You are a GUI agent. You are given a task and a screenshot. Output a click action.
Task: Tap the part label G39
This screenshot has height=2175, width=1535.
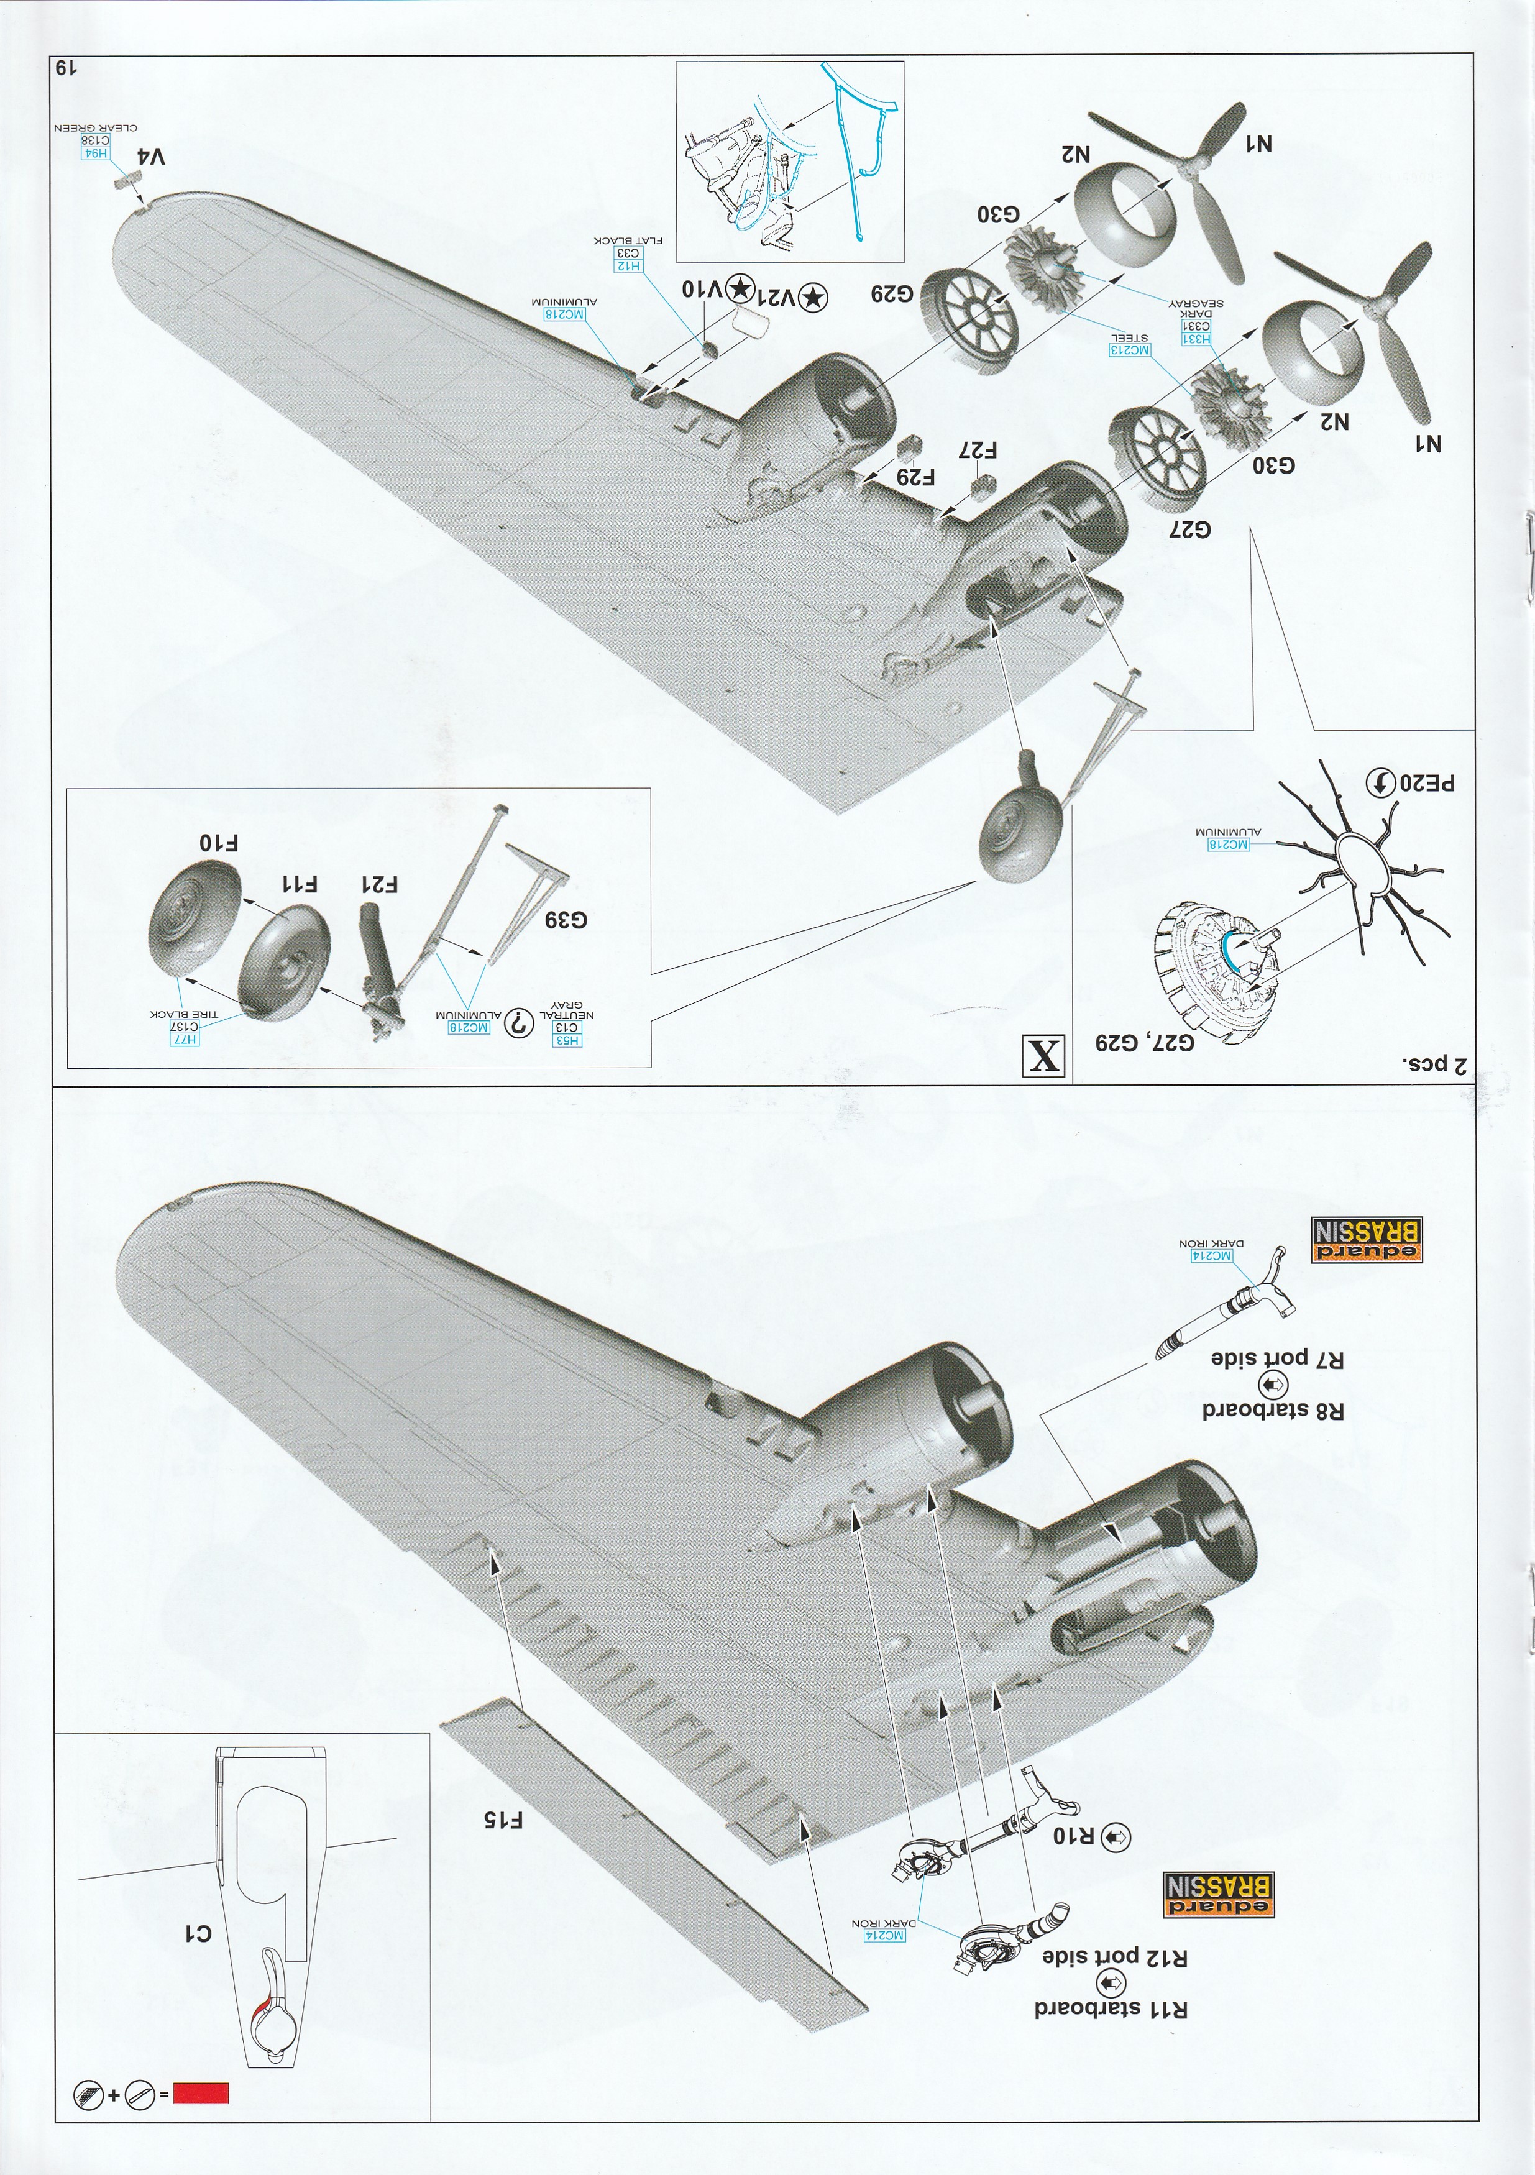(x=566, y=920)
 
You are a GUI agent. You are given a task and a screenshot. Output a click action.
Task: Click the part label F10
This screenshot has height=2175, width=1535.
(x=220, y=843)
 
